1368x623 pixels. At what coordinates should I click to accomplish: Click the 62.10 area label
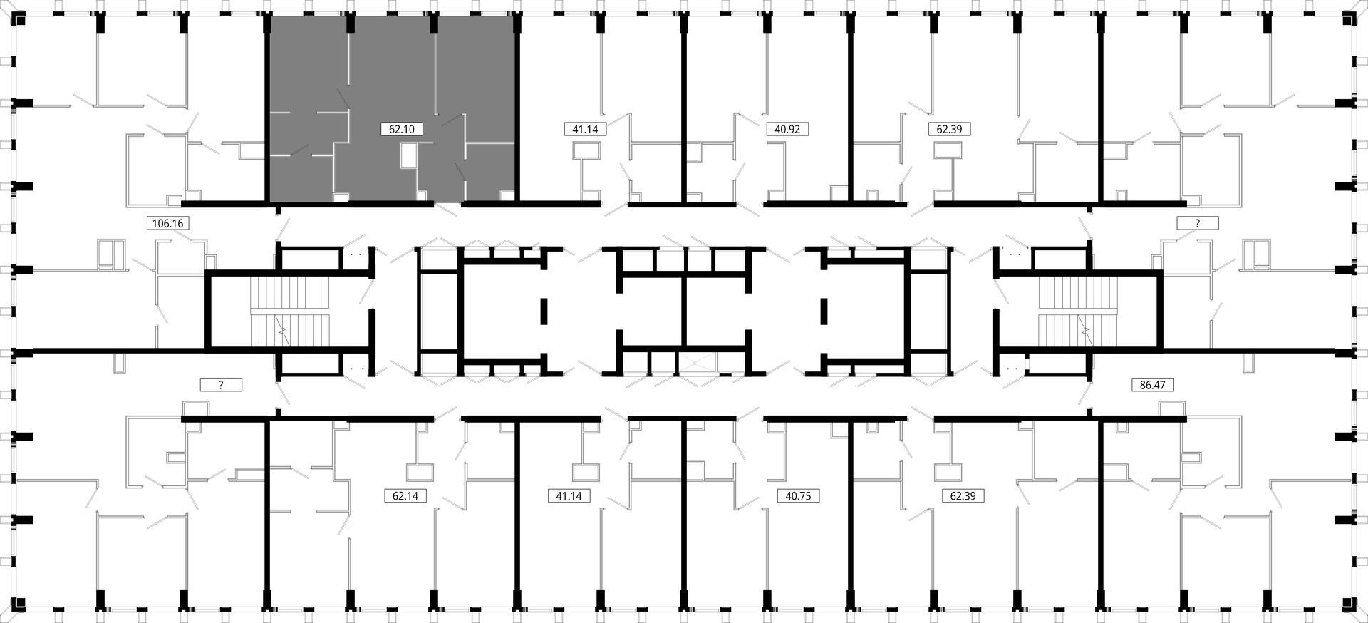[402, 129]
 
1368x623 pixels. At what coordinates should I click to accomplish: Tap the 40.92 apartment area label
[787, 129]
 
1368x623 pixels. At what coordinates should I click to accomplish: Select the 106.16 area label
[168, 223]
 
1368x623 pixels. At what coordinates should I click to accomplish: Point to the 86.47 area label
[1152, 385]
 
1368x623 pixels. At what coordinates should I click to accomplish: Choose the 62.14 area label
[405, 495]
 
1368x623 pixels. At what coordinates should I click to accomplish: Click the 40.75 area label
[798, 495]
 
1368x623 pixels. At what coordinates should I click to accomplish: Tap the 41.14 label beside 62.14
[569, 495]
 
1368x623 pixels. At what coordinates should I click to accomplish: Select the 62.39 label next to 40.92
[950, 129]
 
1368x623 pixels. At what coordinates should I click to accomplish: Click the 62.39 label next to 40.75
[963, 495]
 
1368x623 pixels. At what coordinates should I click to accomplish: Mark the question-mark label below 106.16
[221, 385]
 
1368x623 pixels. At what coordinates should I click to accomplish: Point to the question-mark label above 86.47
[1198, 223]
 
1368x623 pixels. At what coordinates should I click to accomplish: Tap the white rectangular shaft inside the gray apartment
[409, 156]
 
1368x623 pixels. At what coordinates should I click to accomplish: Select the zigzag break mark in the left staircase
[284, 330]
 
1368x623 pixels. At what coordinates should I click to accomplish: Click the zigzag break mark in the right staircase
[1085, 330]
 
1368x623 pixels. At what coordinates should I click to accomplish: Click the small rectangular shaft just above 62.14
[420, 472]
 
